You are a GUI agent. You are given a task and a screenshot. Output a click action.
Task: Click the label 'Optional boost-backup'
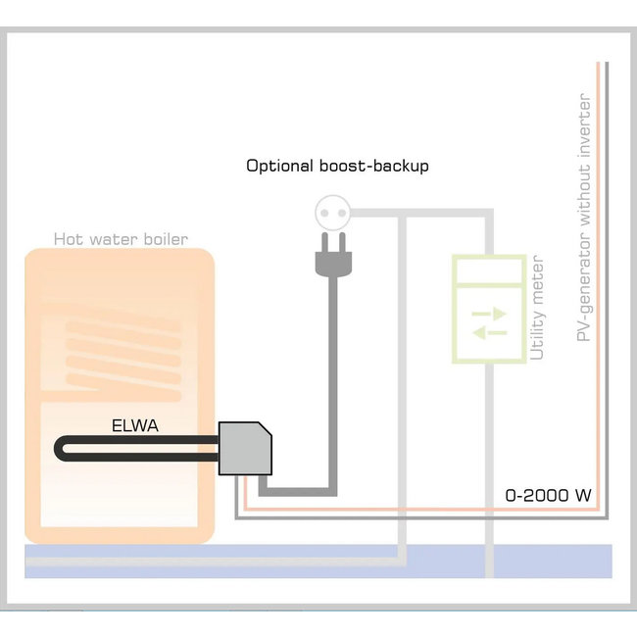(x=337, y=166)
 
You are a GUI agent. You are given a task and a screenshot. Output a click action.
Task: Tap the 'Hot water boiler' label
(x=121, y=239)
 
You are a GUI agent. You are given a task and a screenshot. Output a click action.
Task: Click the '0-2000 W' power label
(x=548, y=495)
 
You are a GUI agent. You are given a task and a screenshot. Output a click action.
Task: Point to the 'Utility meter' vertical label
(x=536, y=311)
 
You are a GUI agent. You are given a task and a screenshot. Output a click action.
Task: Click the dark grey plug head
(x=326, y=260)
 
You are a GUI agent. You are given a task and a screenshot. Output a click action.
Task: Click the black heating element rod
(x=137, y=449)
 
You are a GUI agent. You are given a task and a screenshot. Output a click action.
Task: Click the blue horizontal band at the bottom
(x=318, y=561)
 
